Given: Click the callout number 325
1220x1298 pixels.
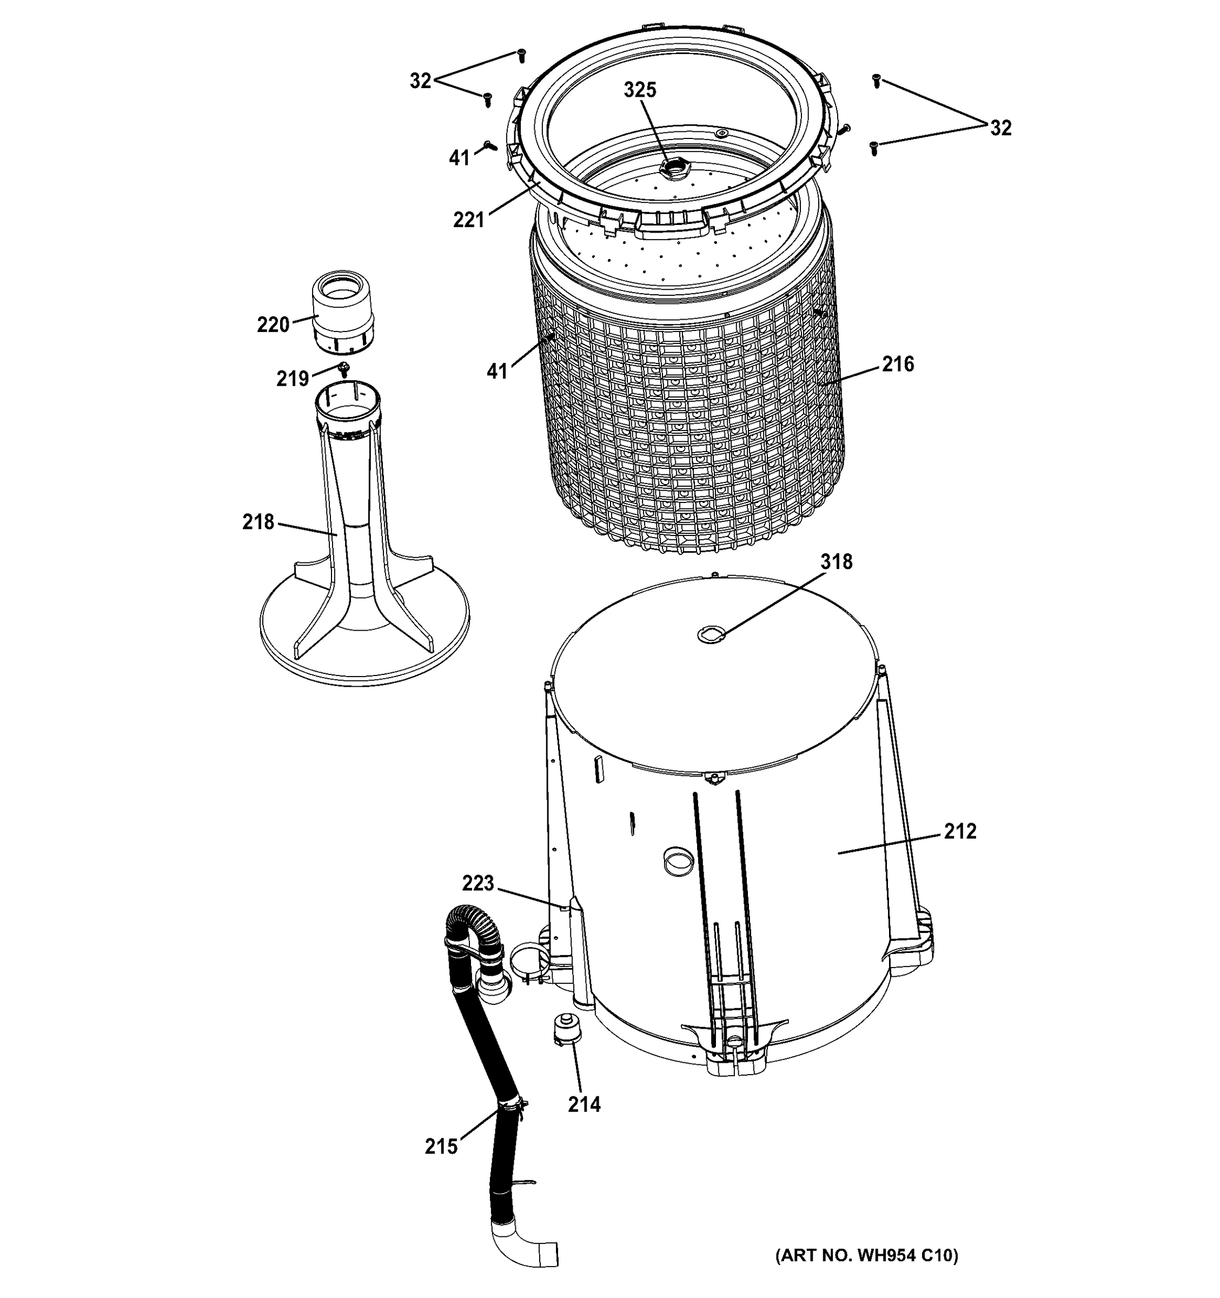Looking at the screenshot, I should (639, 90).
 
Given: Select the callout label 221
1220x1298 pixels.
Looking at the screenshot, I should (469, 220).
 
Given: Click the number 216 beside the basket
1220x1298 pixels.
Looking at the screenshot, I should (898, 365).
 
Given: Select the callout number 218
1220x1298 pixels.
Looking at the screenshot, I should (258, 522).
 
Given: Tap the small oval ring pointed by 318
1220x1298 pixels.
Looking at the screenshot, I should (710, 633).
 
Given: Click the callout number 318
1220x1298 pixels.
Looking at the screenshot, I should (836, 561).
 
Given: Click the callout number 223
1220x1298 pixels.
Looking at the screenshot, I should (478, 883).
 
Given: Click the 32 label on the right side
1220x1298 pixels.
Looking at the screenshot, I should (1000, 128).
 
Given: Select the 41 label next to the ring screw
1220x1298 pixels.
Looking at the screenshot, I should (459, 157).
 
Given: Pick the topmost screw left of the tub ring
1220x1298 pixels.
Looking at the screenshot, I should (521, 56).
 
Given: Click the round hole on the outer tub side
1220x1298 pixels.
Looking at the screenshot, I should (677, 862).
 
